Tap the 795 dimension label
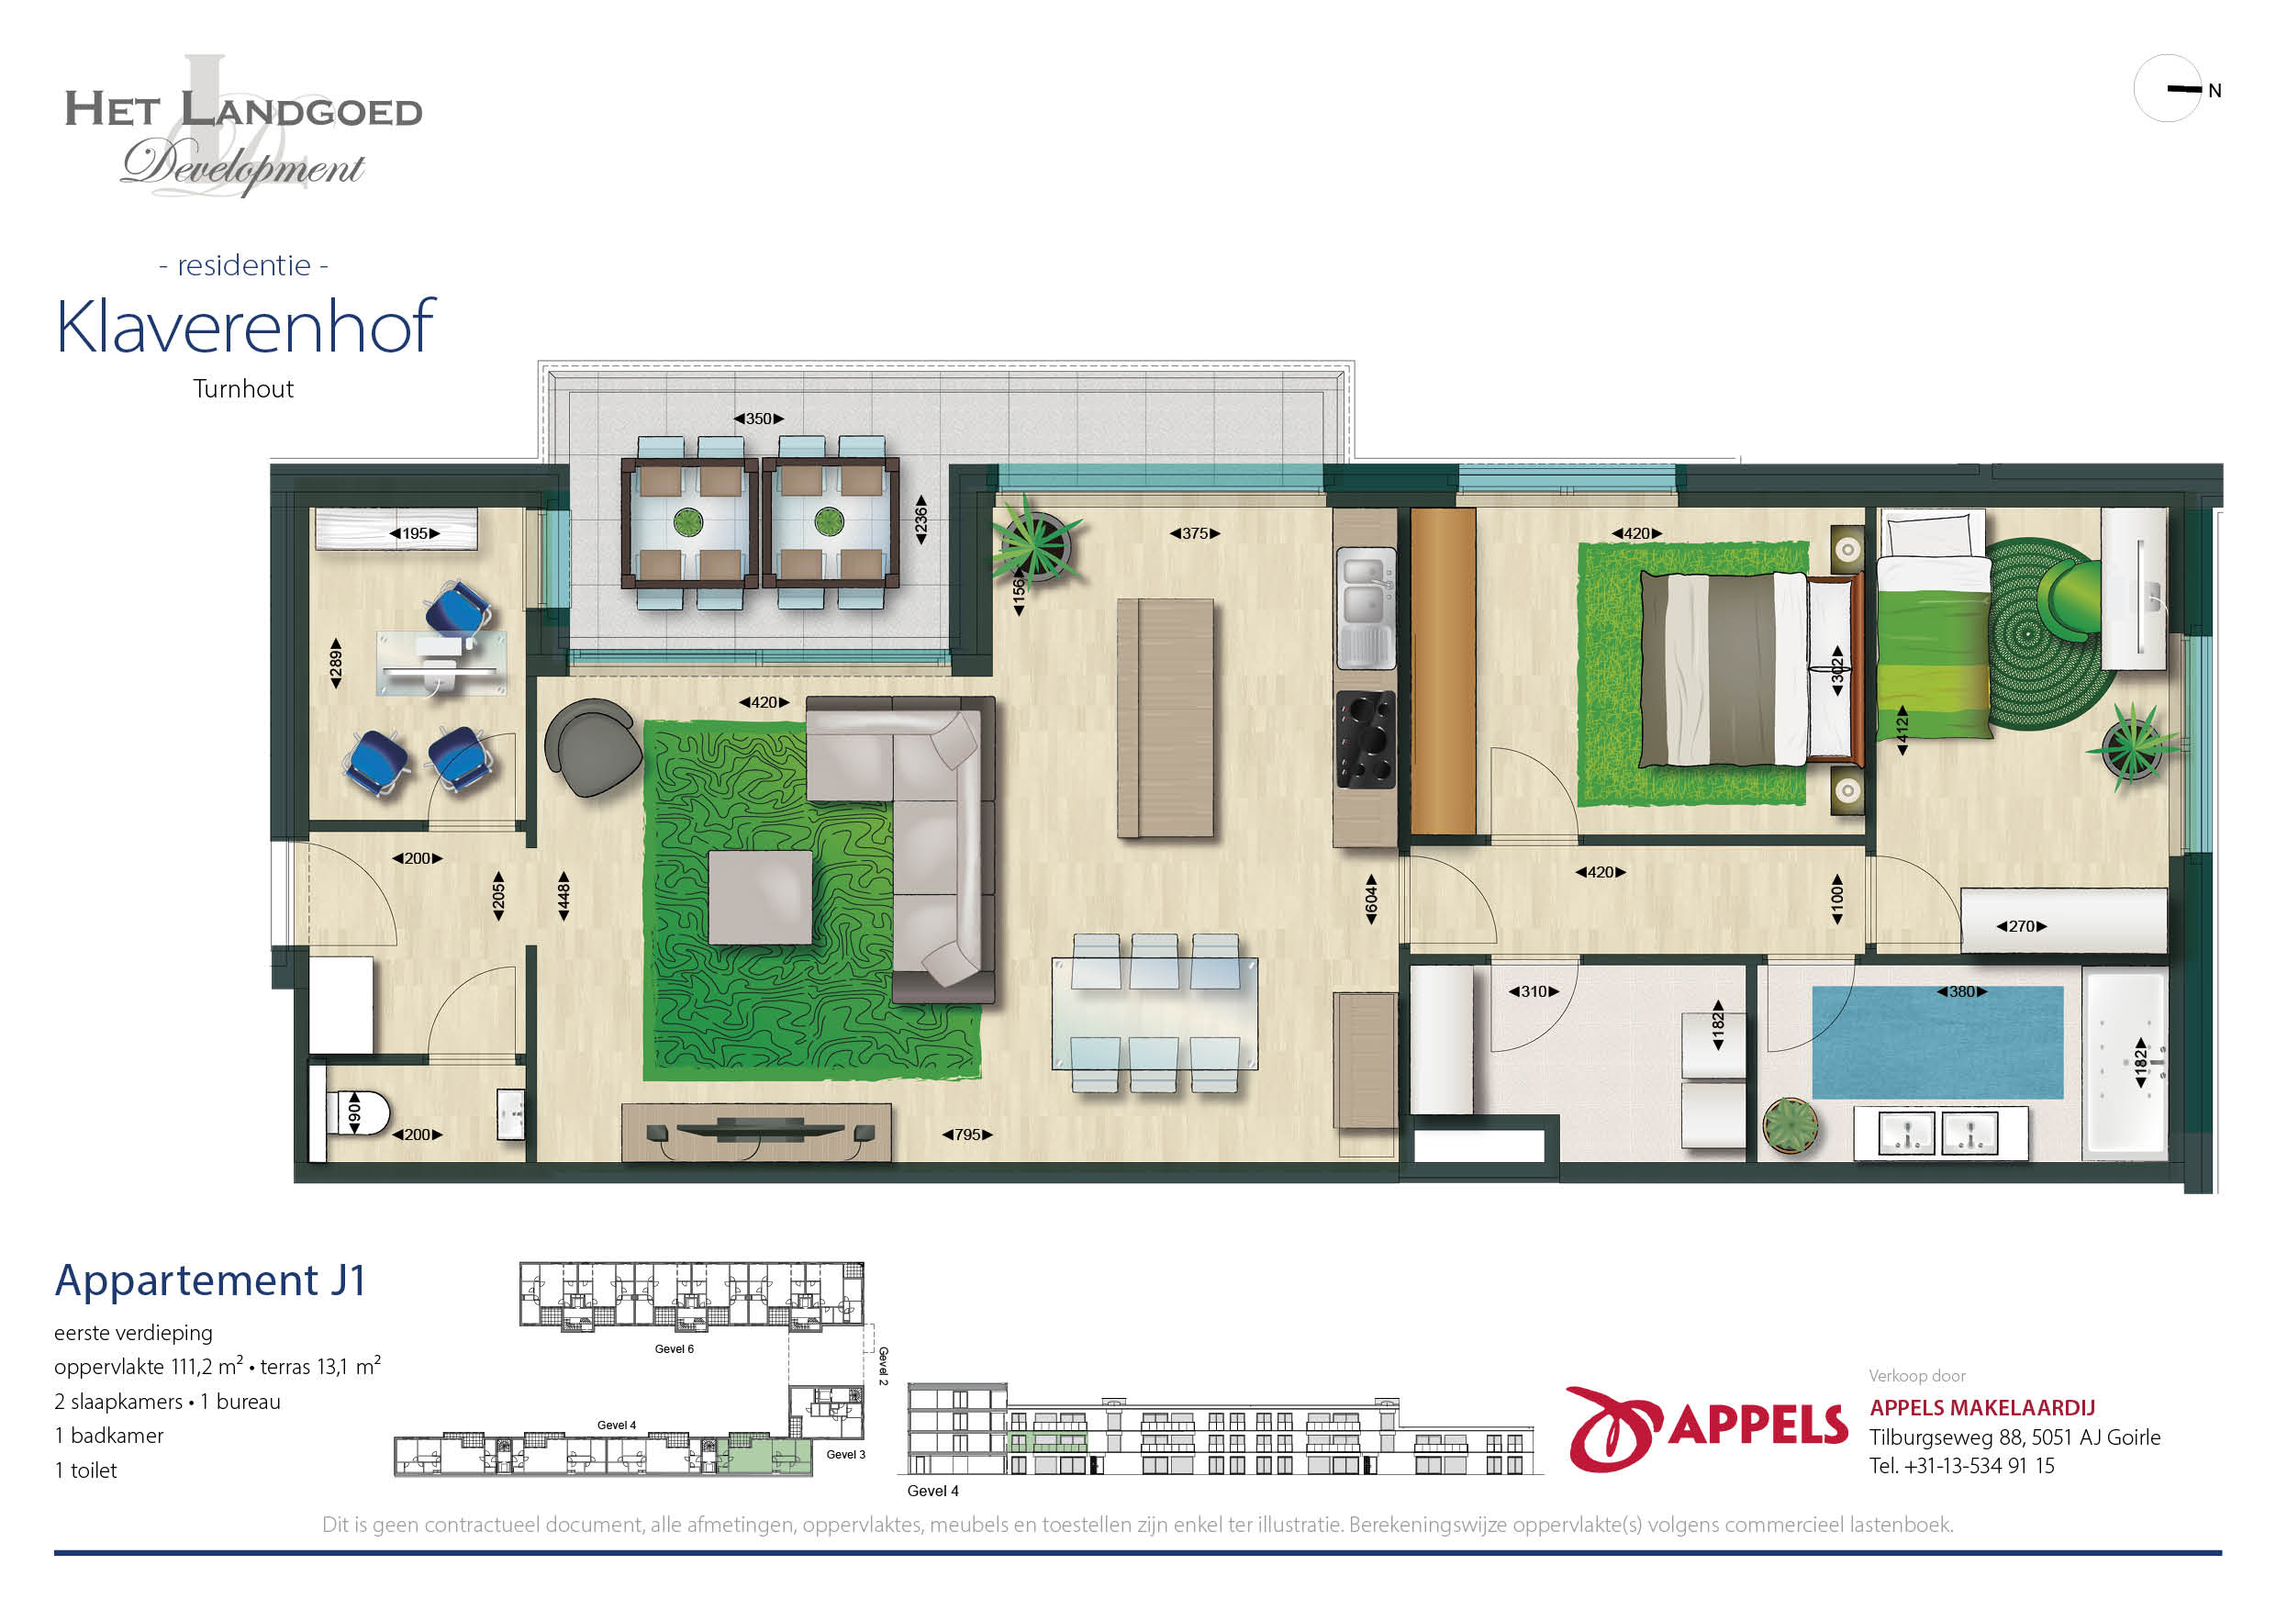coord(966,1135)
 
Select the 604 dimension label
coord(1371,900)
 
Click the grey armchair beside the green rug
coord(592,746)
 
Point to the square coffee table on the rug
coord(760,897)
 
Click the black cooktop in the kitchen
coord(1365,739)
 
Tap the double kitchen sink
coord(1366,608)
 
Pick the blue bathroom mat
coord(1938,1042)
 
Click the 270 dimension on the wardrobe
coord(2021,926)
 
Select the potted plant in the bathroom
coord(1791,1126)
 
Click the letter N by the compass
coord(2215,91)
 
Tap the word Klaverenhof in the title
coord(245,326)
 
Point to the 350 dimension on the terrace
coord(758,419)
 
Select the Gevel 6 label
coord(674,1349)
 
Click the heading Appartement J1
coord(210,1280)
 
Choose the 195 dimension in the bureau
coord(414,533)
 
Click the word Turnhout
coord(243,388)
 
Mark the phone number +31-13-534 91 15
coord(1979,1465)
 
